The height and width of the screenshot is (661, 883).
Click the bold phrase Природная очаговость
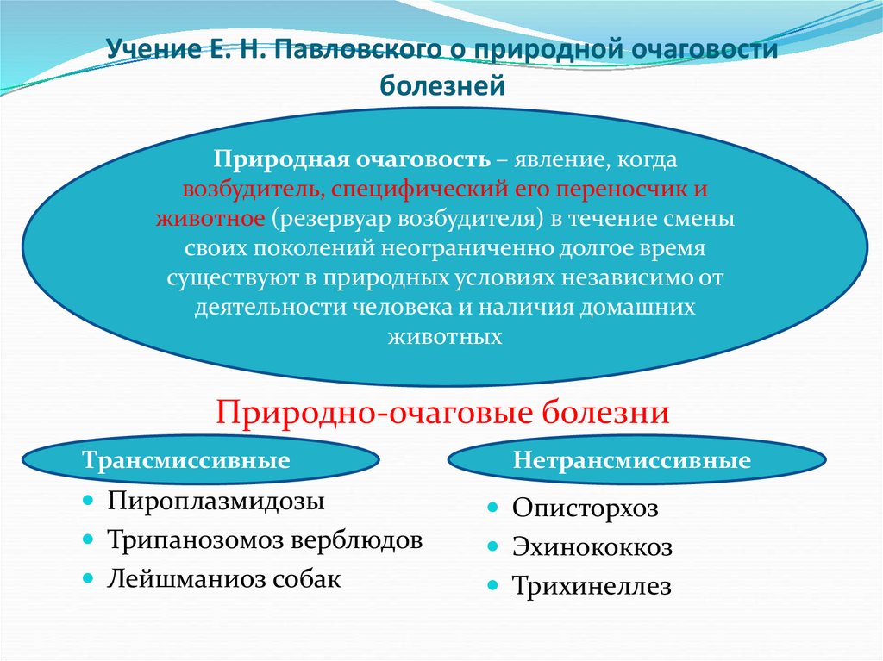354,160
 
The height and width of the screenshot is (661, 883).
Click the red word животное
210,219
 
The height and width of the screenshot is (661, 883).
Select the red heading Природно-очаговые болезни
443,412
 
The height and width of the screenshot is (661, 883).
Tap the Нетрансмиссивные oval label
632,460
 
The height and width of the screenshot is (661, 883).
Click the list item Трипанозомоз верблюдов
265,540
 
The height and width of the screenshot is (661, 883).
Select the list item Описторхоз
585,508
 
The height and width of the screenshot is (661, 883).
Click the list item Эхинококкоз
592,547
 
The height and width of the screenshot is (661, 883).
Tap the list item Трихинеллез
591,587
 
